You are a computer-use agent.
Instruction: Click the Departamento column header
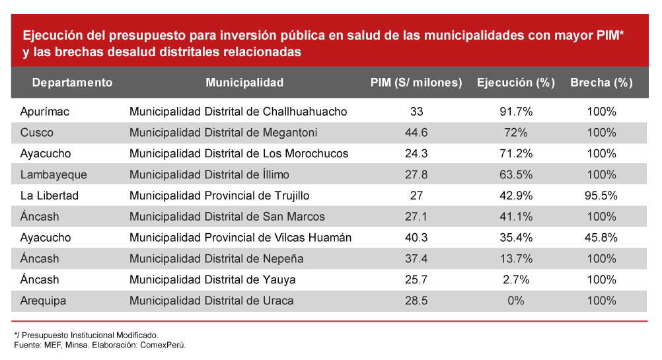tap(72, 83)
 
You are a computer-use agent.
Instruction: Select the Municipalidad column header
tap(244, 83)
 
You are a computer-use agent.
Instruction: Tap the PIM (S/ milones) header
tap(416, 83)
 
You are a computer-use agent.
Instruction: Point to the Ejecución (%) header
tap(515, 83)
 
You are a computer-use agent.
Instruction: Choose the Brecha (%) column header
tap(601, 83)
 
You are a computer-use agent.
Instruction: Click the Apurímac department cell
tap(45, 112)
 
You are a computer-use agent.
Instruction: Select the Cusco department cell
tap(37, 133)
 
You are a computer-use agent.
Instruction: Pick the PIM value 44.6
tap(416, 133)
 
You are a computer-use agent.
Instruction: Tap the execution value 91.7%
tap(516, 112)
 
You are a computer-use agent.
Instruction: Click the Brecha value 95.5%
tap(601, 196)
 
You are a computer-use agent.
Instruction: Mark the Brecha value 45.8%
tap(601, 238)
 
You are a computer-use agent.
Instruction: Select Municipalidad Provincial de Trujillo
tap(219, 196)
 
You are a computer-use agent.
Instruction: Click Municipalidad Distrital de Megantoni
tap(223, 133)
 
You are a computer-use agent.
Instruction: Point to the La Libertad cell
tap(50, 196)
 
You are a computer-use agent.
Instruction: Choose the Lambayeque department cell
tap(54, 174)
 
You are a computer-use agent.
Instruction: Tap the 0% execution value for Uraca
tap(516, 301)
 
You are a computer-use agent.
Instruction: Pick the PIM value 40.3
tap(416, 238)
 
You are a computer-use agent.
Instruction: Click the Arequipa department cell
tap(44, 301)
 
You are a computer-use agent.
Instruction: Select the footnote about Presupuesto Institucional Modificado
tap(86, 335)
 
